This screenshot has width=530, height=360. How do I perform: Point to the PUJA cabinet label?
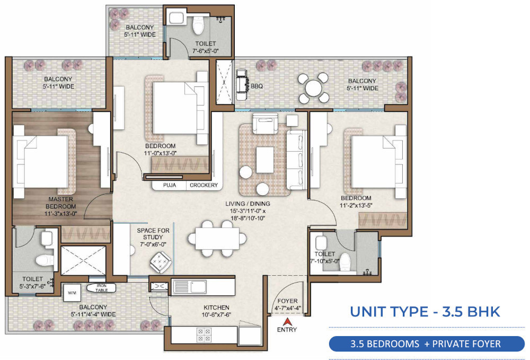click(169, 185)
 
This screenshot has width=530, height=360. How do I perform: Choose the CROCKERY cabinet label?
click(204, 185)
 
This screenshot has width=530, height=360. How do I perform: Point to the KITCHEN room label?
click(216, 308)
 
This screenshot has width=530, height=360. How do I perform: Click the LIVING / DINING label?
click(248, 204)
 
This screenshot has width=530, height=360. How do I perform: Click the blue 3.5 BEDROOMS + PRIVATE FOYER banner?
click(425, 344)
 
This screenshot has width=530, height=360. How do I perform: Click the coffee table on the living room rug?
click(264, 160)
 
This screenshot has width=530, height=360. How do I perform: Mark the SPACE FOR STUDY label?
click(153, 234)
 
